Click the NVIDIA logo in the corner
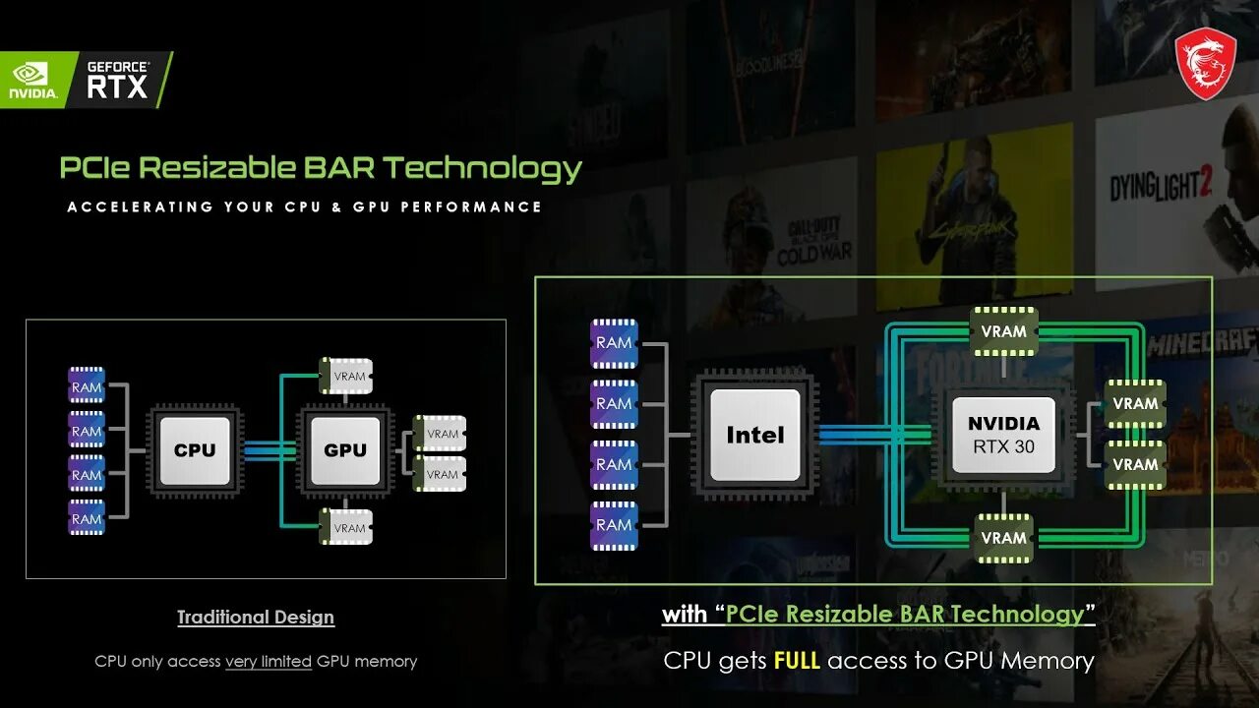tap(33, 81)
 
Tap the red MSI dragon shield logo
tap(1206, 63)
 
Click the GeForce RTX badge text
tap(117, 80)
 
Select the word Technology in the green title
tap(483, 168)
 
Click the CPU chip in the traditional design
tap(195, 450)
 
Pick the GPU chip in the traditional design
tap(345, 450)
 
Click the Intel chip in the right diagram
tap(754, 435)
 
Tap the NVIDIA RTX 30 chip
tap(1003, 434)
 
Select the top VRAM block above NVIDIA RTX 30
tap(1003, 331)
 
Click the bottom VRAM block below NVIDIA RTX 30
tap(1003, 538)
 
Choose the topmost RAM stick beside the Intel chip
tap(614, 343)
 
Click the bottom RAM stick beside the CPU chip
tap(87, 518)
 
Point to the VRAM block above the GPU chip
tap(346, 376)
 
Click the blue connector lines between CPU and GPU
tap(270, 450)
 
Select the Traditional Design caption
tap(256, 618)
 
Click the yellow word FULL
tap(797, 661)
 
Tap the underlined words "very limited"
tap(269, 662)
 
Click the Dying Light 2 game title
tap(1161, 185)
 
